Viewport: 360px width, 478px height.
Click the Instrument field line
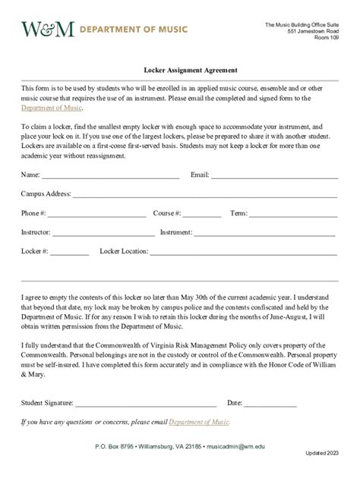coord(265,233)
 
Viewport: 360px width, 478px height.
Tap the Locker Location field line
coord(244,252)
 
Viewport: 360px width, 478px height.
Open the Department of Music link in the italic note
coord(199,421)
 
